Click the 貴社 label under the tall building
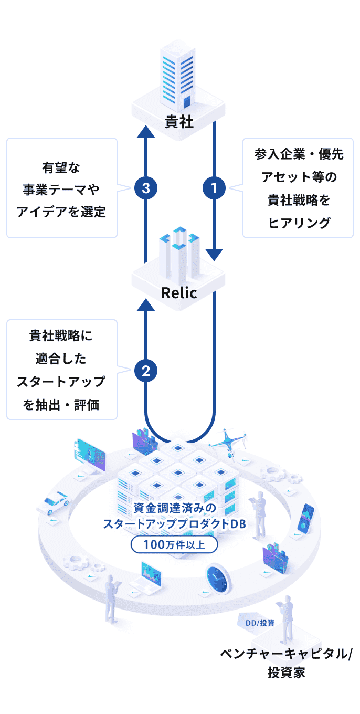coord(179,122)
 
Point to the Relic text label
coord(179,292)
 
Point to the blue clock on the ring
coord(218,579)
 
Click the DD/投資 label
coord(260,623)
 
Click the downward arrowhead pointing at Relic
coord(214,255)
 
